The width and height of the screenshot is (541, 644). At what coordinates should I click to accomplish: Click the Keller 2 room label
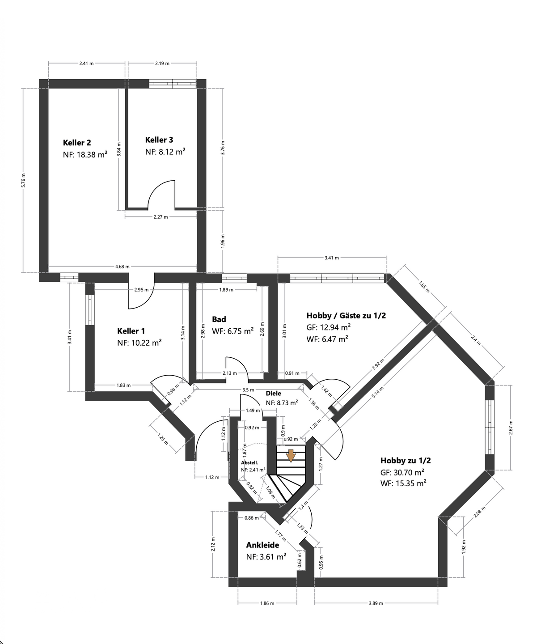pos(77,143)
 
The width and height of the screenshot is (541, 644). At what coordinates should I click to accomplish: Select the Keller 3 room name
pos(159,140)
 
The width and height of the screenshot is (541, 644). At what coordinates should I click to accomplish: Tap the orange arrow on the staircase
pos(291,455)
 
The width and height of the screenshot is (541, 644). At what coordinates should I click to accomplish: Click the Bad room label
pos(219,319)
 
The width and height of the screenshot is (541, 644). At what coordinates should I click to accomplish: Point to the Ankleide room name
pos(262,545)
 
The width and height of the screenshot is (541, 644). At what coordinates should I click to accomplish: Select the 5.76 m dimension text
pos(24,180)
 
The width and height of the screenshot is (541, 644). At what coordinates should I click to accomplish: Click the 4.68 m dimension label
pos(122,267)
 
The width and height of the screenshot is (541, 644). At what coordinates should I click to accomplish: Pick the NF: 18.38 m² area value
pos(85,155)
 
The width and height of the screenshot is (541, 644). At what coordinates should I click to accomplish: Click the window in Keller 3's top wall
pos(173,84)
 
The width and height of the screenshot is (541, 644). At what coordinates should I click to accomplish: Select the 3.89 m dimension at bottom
pos(376,603)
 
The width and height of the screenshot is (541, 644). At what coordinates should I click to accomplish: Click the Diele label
pos(273,394)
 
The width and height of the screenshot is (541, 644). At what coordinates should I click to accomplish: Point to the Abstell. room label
pos(250,463)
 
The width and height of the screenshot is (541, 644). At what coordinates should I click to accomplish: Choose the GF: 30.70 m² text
pos(402,472)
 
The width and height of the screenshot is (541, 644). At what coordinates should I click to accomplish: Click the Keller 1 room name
pos(131,331)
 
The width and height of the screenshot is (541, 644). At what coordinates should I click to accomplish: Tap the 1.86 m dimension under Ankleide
pos(267,603)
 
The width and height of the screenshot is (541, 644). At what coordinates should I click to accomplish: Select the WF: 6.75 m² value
pos(232,331)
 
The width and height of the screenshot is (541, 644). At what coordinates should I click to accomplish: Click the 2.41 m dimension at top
pos(86,64)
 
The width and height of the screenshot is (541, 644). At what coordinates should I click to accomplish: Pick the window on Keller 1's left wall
pos(89,309)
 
